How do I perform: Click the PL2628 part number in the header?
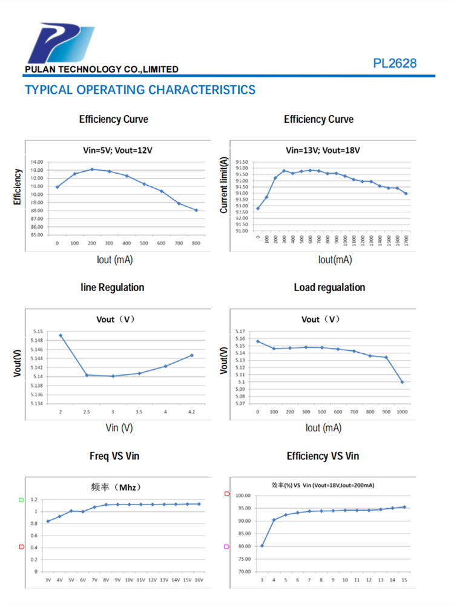[395, 64]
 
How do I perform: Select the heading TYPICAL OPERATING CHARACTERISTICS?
[140, 90]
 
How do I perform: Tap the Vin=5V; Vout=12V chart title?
[113, 150]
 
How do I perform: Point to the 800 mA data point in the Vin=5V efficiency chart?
[196, 210]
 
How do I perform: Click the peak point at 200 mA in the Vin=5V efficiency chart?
[92, 169]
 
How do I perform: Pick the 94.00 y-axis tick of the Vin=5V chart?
[36, 162]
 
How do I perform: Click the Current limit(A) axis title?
[224, 185]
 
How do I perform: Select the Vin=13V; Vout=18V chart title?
[318, 150]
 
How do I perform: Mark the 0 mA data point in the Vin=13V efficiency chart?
[258, 209]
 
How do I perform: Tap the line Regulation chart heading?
[113, 287]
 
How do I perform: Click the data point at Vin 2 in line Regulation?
[61, 335]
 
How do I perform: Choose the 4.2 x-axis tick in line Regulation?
[192, 411]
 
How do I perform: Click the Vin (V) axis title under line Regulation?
[119, 428]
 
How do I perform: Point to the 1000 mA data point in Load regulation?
[402, 382]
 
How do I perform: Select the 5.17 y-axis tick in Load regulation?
[240, 332]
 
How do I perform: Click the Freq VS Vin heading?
[114, 456]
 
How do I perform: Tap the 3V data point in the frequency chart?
[48, 522]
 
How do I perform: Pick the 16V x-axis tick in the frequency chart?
[199, 580]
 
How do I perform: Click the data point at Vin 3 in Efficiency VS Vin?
[262, 546]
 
